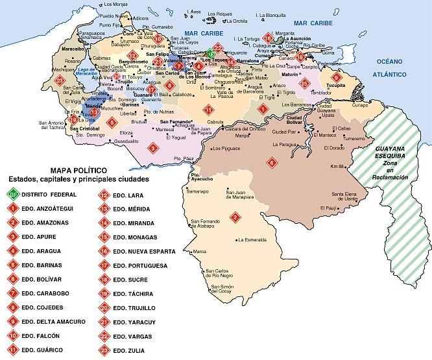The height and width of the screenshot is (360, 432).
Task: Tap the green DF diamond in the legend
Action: [11, 194]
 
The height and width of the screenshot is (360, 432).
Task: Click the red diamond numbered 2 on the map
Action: [235, 217]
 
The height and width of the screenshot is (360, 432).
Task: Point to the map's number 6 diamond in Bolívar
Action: [270, 162]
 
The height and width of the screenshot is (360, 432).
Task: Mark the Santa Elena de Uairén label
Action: [352, 197]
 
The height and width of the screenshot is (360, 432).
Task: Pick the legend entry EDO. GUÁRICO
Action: [42, 350]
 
